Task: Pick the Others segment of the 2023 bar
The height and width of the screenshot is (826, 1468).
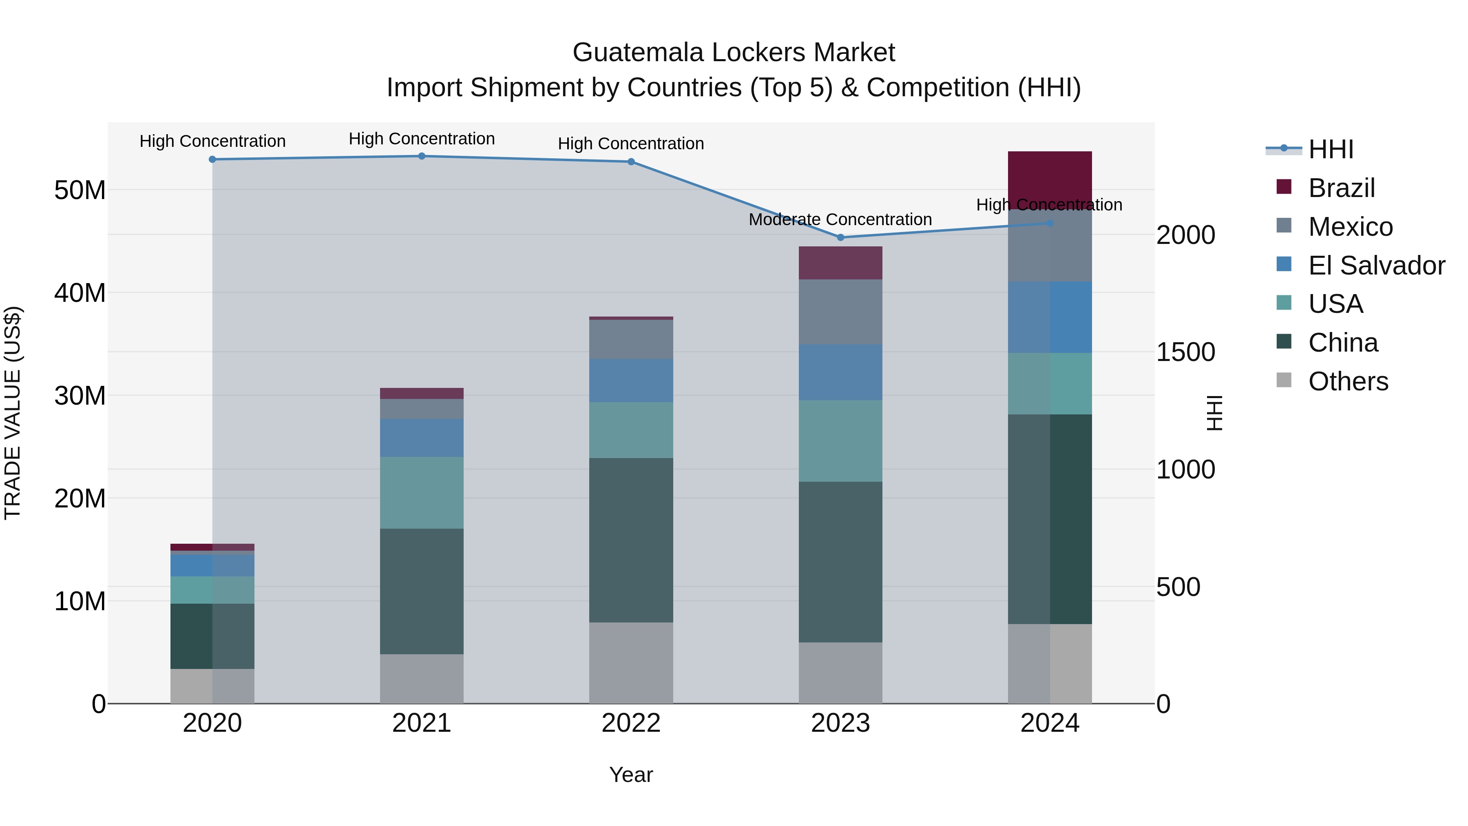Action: [840, 673]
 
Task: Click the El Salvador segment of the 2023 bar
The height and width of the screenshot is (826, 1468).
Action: [840, 372]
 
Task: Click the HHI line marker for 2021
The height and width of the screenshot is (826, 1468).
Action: [422, 156]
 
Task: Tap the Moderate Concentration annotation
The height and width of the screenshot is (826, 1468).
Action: [840, 219]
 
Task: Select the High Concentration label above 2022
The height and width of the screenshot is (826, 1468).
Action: [631, 144]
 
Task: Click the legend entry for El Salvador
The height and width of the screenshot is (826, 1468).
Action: [1376, 266]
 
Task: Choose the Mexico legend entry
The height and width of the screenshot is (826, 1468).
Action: [1350, 227]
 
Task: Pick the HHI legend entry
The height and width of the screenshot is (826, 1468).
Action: [1331, 149]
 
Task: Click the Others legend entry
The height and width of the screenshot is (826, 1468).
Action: [1348, 381]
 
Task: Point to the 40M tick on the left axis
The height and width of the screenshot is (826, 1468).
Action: [80, 293]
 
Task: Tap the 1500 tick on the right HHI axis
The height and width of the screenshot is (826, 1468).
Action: [1185, 352]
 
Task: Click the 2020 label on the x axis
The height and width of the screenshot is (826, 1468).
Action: [212, 723]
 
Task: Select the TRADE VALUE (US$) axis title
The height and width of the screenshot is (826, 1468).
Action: [13, 413]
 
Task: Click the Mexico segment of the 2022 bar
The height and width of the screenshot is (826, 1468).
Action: [631, 339]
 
